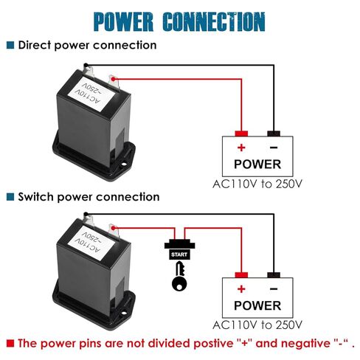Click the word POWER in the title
(x=123, y=21)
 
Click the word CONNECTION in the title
(x=214, y=21)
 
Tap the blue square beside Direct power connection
(x=10, y=45)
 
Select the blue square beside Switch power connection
(x=10, y=197)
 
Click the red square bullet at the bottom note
(x=10, y=343)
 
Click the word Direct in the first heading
(x=35, y=45)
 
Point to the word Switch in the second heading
(x=36, y=197)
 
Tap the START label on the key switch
(x=179, y=255)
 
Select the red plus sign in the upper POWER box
(x=241, y=148)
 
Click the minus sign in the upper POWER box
(x=274, y=148)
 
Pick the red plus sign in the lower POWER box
(x=241, y=289)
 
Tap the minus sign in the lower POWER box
(x=274, y=289)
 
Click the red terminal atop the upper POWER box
(x=241, y=134)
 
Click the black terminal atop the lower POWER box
(x=274, y=275)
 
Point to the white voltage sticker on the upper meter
(x=91, y=94)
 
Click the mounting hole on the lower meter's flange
(x=124, y=313)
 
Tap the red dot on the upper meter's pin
(x=113, y=79)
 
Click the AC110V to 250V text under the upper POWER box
(x=257, y=184)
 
